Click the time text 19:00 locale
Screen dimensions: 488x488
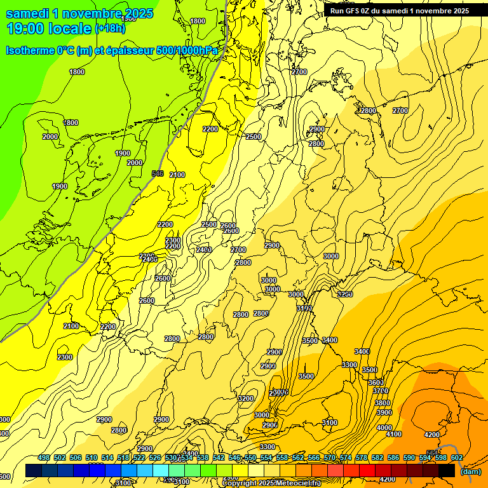[x=49, y=29]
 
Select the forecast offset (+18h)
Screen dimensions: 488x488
[x=110, y=29]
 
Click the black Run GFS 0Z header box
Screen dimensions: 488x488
[x=399, y=10]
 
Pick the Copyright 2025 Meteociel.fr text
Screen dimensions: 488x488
[x=271, y=484]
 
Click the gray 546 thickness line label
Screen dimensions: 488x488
[x=158, y=173]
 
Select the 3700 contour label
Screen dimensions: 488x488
[x=381, y=391]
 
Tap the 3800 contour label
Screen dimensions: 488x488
[x=383, y=403]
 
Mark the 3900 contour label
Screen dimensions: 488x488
[x=384, y=412]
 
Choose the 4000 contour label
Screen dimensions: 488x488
[x=384, y=428]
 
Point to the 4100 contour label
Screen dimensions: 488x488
[x=394, y=434]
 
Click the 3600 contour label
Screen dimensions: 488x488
[x=376, y=383]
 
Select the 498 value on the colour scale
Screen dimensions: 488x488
[x=44, y=457]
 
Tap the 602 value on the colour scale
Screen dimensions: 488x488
[x=457, y=457]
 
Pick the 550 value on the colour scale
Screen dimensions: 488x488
[x=250, y=457]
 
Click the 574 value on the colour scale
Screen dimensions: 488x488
[x=346, y=457]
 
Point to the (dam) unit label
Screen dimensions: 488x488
[x=470, y=471]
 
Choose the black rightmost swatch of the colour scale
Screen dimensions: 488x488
[x=447, y=470]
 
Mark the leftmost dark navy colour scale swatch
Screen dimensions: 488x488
[x=34, y=470]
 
